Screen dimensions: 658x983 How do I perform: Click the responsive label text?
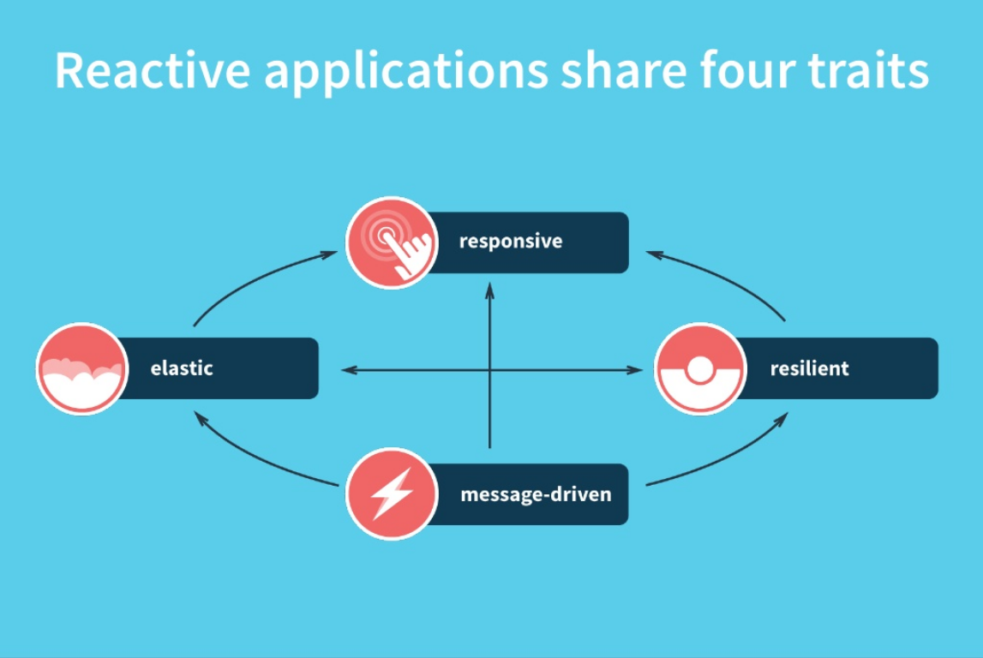[511, 242]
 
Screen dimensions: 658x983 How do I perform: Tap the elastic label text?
[182, 368]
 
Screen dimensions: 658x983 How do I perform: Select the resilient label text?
[809, 368]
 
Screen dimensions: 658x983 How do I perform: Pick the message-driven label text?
[536, 494]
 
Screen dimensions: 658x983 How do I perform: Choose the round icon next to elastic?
[82, 368]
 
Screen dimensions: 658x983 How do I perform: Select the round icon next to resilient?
[699, 368]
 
